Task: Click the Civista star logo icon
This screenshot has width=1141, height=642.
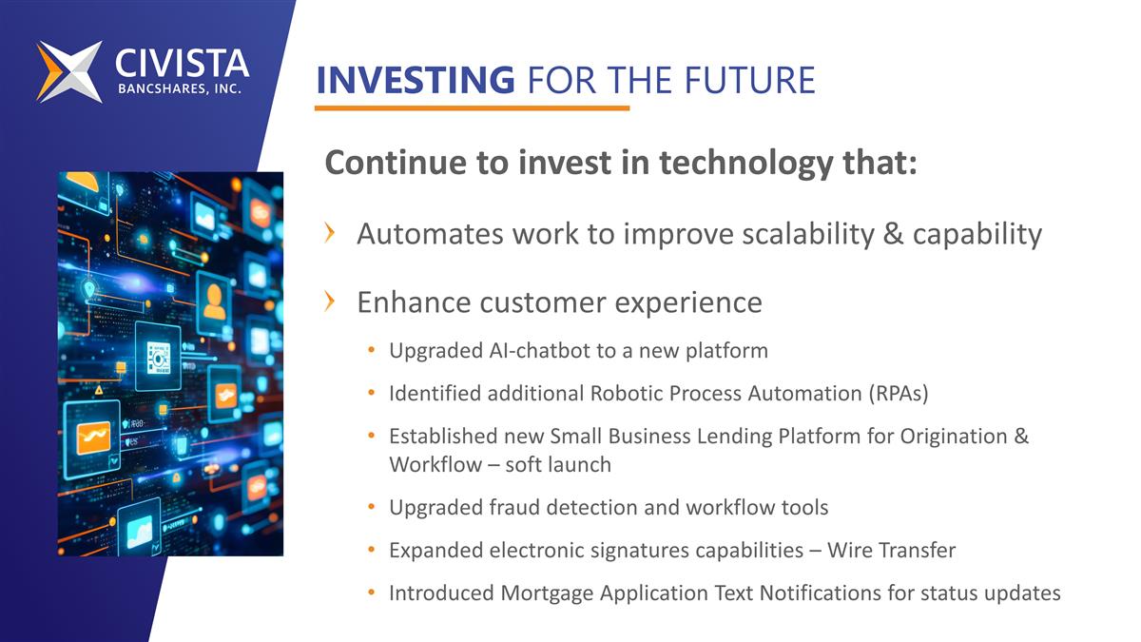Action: click(69, 71)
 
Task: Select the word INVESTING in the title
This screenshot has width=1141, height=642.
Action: click(415, 80)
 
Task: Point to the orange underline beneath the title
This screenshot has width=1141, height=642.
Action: click(472, 108)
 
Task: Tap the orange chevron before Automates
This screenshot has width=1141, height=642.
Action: click(329, 233)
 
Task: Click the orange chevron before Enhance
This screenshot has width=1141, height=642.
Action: click(329, 302)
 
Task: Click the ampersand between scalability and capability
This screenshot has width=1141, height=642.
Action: click(893, 234)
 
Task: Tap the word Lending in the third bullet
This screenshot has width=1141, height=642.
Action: click(736, 436)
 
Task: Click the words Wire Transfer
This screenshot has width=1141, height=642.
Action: click(891, 550)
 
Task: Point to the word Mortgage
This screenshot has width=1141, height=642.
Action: click(547, 593)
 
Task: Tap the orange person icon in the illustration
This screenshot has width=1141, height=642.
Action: click(214, 302)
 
